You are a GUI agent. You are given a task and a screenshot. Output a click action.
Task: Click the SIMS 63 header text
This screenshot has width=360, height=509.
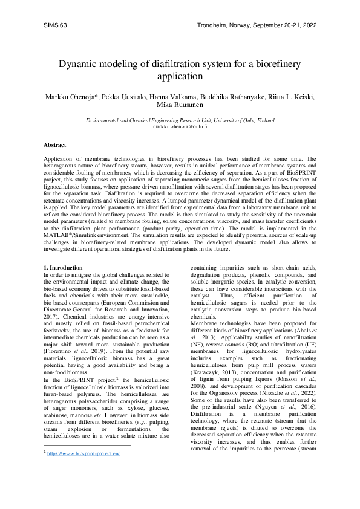tap(56, 26)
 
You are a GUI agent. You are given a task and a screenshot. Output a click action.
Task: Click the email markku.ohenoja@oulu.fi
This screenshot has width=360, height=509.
tap(180, 128)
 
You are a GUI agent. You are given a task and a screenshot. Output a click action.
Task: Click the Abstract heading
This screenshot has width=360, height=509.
tap(55, 146)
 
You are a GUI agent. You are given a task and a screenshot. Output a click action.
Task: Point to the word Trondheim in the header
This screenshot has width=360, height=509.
tap(214, 26)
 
